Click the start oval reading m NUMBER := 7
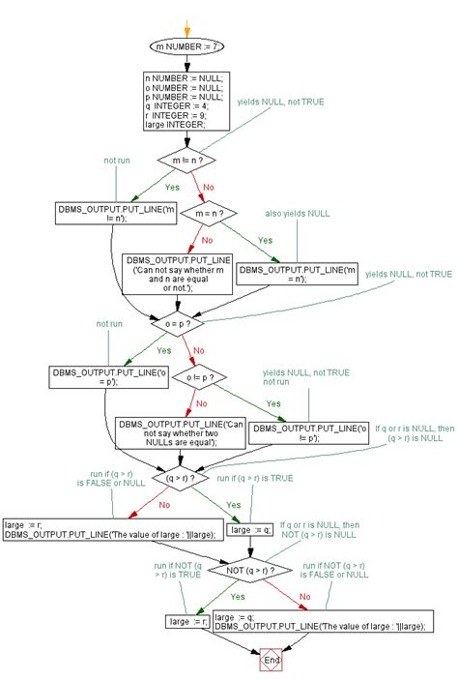click(187, 45)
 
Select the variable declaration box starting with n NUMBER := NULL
click(186, 102)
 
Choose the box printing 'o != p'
click(308, 431)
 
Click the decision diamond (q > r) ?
click(186, 477)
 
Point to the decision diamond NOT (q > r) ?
click(249, 571)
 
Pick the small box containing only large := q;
click(249, 529)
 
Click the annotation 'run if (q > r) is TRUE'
click(254, 478)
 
